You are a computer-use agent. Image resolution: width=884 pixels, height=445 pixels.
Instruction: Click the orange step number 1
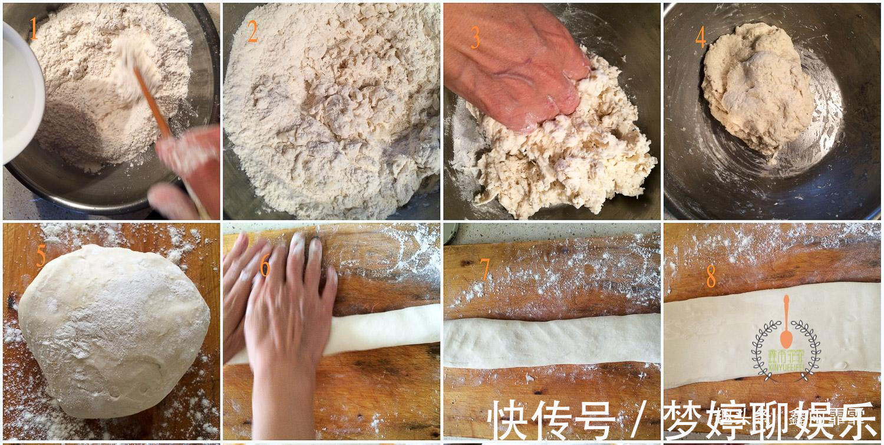point(34,29)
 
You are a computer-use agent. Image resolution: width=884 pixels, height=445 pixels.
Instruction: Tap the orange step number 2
point(253,32)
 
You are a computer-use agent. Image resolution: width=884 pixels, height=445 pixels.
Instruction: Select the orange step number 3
point(475,38)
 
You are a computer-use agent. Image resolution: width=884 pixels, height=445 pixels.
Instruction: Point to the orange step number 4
point(700,37)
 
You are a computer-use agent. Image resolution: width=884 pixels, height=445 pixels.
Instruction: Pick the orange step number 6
point(265,266)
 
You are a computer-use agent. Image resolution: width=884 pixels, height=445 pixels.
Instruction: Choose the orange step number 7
point(485,269)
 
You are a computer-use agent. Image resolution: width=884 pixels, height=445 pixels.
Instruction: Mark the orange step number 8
point(711,276)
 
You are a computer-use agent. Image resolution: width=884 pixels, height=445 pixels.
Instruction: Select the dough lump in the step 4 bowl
point(757,88)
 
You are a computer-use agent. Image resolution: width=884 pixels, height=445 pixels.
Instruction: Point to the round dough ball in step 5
point(112,330)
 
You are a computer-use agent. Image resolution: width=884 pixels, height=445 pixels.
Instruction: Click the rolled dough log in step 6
point(383,330)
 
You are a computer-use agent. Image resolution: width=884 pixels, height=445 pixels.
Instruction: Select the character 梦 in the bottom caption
point(683,420)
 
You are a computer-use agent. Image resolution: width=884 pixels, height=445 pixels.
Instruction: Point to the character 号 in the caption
point(595,420)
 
